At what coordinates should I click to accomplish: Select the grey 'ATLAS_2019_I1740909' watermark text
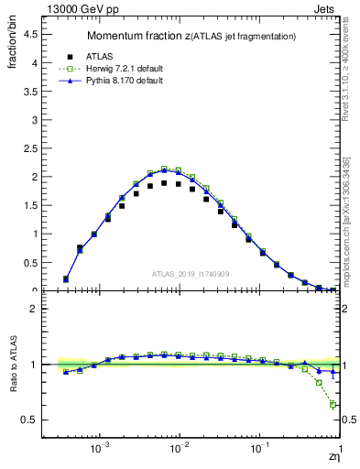coord(190,274)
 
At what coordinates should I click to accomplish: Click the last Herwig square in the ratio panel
coord(333,405)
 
